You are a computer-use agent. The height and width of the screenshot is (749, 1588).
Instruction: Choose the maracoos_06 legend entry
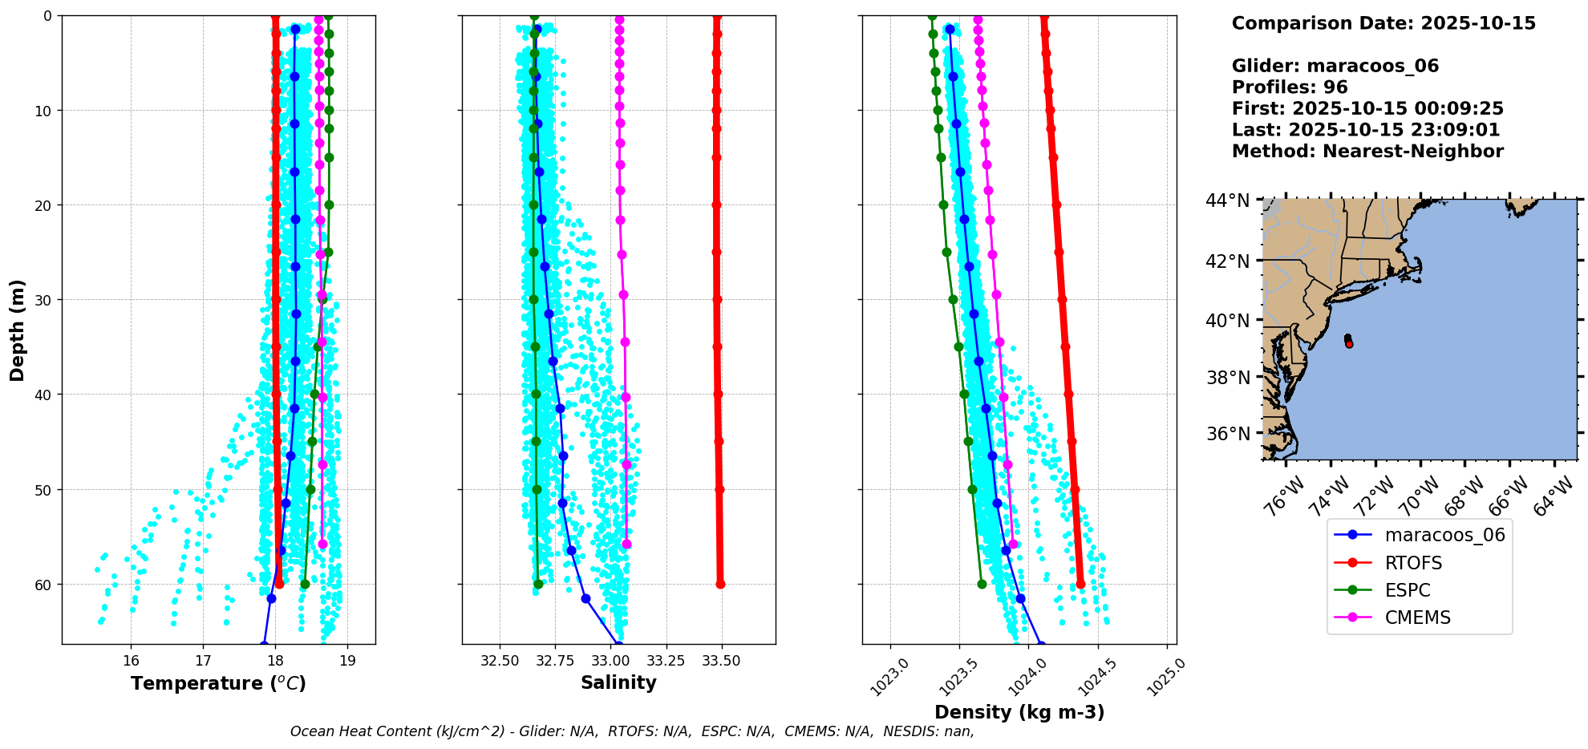[x=1420, y=535]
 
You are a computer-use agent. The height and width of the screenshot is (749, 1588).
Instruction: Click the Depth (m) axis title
[x=18, y=330]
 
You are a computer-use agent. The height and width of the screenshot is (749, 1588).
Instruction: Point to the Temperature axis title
[x=218, y=683]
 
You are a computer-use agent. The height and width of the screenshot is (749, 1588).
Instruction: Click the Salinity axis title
[x=618, y=682]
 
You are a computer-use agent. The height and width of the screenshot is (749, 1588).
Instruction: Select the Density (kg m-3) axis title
[x=1019, y=712]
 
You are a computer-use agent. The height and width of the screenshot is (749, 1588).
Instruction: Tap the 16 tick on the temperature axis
[x=131, y=661]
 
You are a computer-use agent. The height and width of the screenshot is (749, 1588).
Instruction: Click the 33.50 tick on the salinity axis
[x=721, y=661]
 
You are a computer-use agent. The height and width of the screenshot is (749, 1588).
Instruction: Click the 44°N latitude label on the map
[x=1228, y=200]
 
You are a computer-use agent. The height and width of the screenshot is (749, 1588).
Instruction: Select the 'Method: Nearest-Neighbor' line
[x=1367, y=152]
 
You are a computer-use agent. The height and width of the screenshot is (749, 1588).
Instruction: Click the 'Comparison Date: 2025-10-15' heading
[x=1383, y=23]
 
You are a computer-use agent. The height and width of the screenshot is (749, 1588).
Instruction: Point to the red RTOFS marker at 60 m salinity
[x=720, y=584]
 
